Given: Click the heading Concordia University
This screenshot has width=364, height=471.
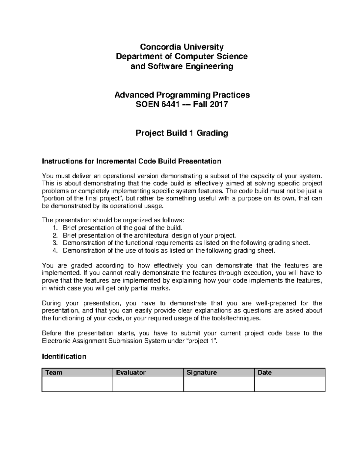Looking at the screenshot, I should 181,47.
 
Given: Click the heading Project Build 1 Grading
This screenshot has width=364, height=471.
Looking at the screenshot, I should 181,133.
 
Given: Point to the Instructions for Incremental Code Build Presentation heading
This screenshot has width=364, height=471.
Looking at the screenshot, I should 131,161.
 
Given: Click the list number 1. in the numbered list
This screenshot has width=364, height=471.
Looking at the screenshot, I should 55,228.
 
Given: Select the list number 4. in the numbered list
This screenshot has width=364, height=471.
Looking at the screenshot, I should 55,251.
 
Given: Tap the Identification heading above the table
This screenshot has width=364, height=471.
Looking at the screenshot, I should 64,356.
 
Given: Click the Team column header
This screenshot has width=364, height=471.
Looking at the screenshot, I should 54,372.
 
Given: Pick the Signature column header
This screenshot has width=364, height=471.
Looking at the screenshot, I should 202,372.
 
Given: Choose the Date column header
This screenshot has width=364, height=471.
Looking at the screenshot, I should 265,372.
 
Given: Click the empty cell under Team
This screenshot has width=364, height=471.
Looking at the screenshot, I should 77,384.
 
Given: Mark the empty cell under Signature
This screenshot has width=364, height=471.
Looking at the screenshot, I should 219,384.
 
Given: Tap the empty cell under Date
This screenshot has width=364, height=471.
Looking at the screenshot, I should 289,384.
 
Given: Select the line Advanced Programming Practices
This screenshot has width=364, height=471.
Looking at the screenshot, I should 182,95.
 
